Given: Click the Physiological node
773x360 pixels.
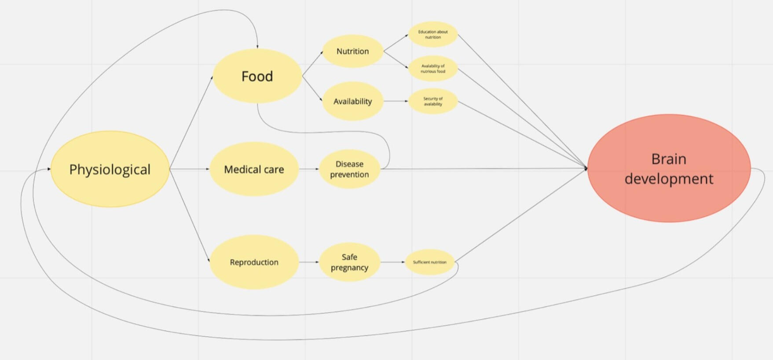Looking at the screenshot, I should pos(110,169).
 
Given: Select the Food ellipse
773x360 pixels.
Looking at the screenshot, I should pos(257,76).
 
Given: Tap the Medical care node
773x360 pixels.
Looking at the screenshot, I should pos(254,169).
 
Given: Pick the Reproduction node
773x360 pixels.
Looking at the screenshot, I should pos(254,262).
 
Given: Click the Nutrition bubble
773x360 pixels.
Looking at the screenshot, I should pos(352,51).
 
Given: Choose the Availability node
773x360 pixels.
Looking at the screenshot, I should pos(352,101).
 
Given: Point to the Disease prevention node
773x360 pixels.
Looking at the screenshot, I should pos(349,169).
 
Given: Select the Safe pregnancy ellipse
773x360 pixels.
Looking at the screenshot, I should pos(349,262).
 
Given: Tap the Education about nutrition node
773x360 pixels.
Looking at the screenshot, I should pos(433,34).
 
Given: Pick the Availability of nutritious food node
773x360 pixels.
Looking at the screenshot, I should pos(433,69).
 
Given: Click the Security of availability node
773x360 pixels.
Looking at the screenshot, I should pos(433,101).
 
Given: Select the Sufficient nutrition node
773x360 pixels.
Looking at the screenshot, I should pos(429,262).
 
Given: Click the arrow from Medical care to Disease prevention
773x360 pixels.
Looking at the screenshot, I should pos(309,169).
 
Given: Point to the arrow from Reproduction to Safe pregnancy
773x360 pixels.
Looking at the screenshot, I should pos(309,262).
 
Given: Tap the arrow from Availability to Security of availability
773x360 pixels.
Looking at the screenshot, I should pos(396,101).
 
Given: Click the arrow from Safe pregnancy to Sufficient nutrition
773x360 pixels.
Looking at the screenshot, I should pos(392,262).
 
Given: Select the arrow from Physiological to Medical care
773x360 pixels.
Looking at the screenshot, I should pos(189,169).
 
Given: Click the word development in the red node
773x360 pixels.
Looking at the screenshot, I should pos(669,179).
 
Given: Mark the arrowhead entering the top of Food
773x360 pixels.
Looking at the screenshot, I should pos(257,46).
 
